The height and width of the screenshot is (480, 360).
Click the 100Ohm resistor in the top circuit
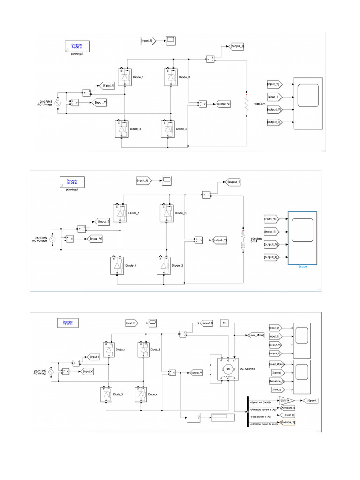pyautogui.click(x=246, y=103)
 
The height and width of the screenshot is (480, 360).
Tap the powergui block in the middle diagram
pyautogui.click(x=72, y=181)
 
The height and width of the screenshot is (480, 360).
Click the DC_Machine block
pyautogui.click(x=227, y=368)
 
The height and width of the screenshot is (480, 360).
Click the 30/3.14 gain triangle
pyautogui.click(x=285, y=400)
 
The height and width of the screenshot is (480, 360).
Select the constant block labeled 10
pyautogui.click(x=225, y=323)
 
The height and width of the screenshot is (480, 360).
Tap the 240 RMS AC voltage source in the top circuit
pyautogui.click(x=58, y=103)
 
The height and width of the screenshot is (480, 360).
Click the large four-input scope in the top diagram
pyautogui.click(x=307, y=104)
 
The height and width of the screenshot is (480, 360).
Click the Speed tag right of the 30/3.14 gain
pyautogui.click(x=311, y=400)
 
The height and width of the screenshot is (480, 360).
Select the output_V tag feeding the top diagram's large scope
pyautogui.click(x=274, y=110)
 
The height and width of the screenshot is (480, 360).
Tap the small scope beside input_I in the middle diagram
pyautogui.click(x=167, y=180)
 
